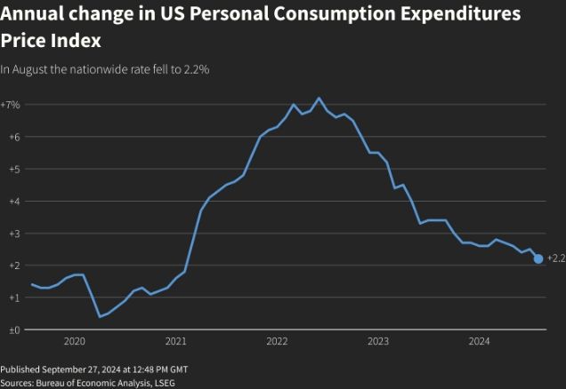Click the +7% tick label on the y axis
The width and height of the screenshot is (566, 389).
click(11, 105)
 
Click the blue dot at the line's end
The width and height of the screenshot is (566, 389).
click(538, 258)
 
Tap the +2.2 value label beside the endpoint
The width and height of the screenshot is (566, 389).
click(555, 258)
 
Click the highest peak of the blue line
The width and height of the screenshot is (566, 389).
click(319, 98)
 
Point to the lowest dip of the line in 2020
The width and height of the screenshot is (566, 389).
click(100, 316)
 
